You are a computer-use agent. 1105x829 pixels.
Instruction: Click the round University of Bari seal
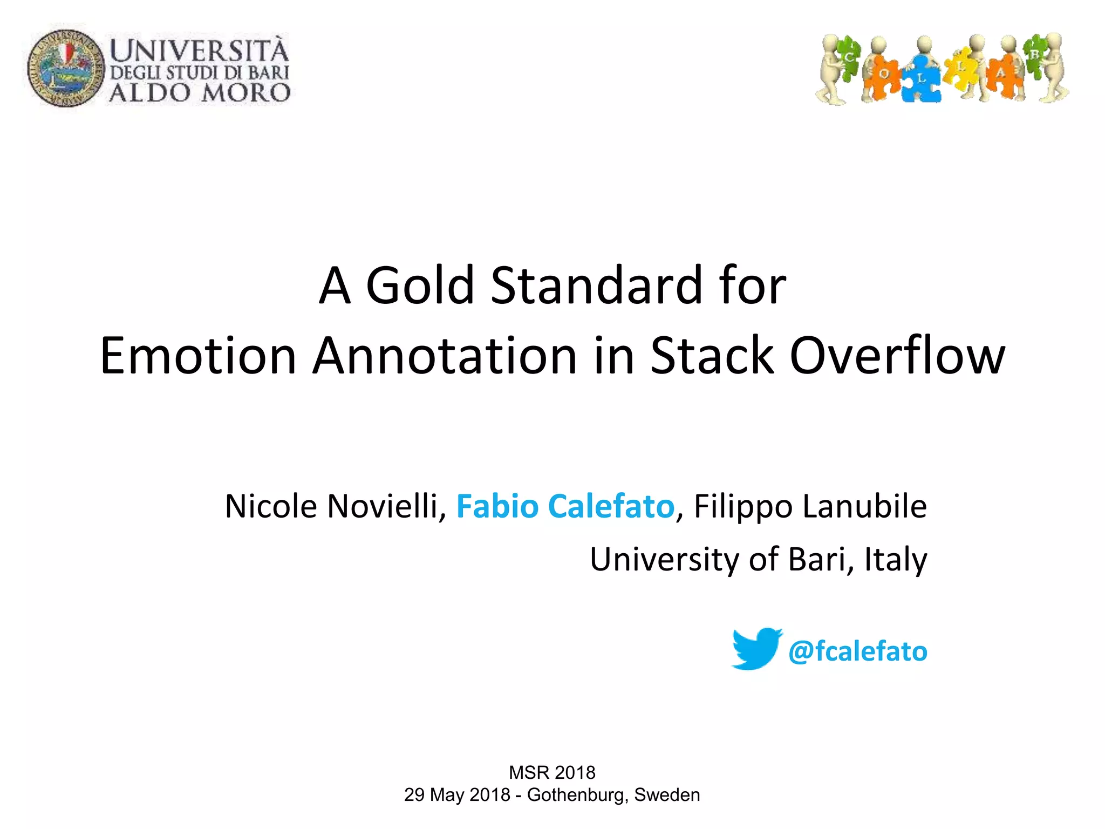[66, 69]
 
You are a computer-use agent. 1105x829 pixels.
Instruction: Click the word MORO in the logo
[246, 93]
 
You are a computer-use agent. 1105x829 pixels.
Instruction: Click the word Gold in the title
[420, 286]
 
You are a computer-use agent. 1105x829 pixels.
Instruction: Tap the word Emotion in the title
[198, 356]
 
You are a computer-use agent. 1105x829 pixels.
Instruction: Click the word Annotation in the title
[445, 356]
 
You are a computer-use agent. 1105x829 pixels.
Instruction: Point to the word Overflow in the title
[897, 356]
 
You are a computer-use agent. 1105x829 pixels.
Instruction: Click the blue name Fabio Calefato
[565, 506]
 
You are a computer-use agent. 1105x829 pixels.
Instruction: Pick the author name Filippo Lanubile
[810, 506]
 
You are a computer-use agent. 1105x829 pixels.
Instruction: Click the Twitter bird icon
[756, 649]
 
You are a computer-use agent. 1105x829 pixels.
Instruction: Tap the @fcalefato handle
[857, 651]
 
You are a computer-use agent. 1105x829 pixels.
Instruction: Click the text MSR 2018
[552, 772]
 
